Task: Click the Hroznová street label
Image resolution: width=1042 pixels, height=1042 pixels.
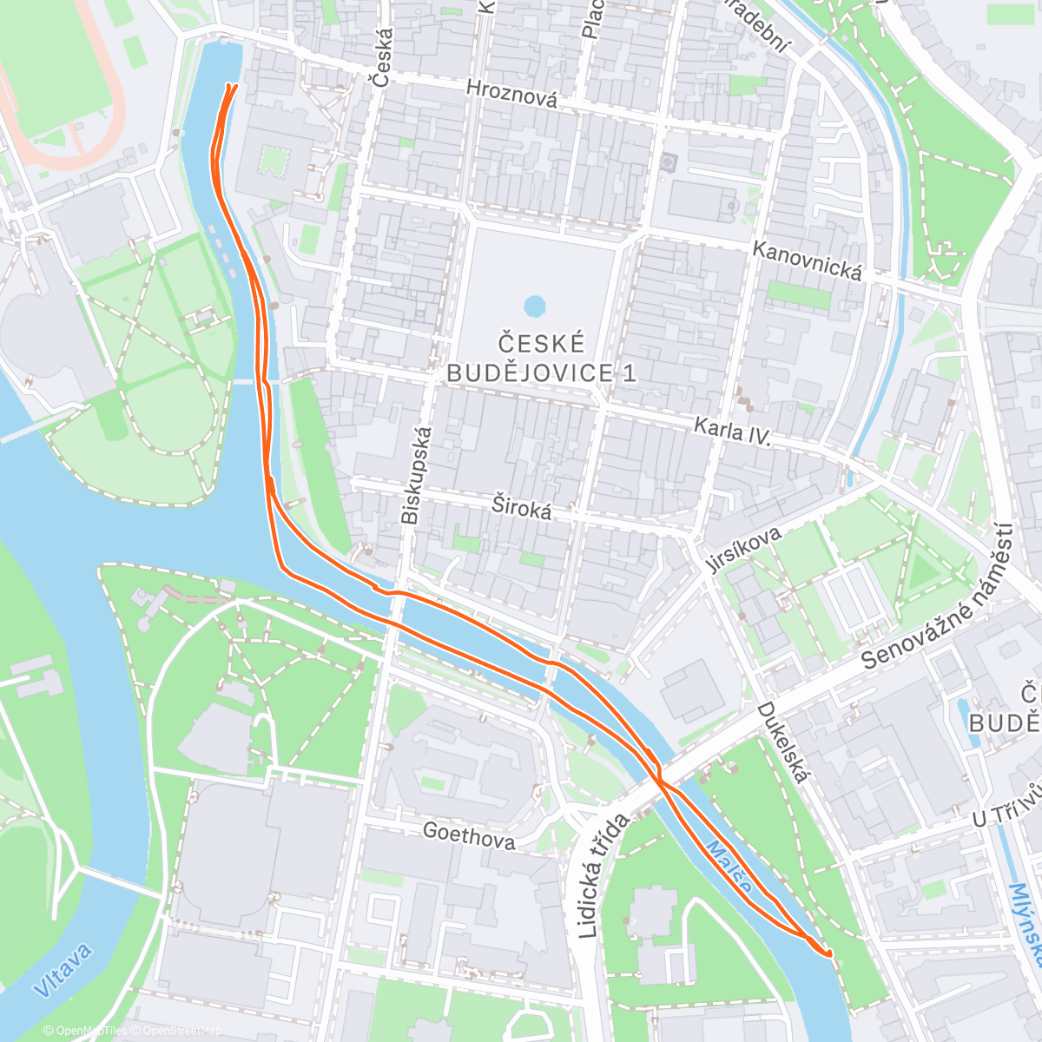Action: click(511, 93)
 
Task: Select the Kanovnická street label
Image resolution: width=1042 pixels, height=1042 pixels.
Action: click(807, 261)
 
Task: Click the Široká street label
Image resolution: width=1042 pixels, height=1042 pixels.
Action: click(521, 506)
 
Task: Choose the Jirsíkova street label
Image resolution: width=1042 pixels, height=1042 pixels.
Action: click(742, 550)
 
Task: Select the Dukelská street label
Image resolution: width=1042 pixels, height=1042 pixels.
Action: click(782, 742)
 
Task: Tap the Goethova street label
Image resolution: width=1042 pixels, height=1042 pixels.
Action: click(468, 836)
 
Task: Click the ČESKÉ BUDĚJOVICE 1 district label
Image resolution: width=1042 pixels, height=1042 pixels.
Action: click(540, 357)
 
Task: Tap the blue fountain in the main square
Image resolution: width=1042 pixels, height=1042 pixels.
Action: click(535, 306)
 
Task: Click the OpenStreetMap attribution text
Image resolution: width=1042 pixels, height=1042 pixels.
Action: click(182, 1031)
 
